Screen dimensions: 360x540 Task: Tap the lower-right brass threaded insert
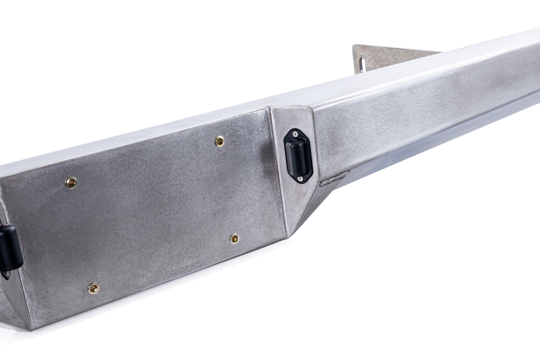click(234, 239)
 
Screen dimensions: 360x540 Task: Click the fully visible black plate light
click(298, 156)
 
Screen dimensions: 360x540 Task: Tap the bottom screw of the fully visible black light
click(300, 179)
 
